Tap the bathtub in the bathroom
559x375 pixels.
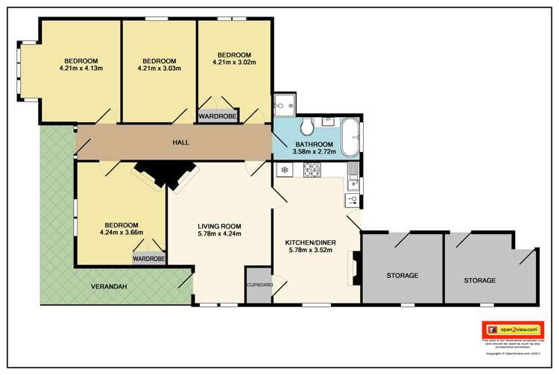351,132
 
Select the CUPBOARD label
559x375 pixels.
259,285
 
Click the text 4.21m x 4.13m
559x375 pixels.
80,70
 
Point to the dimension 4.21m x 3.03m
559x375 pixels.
159,70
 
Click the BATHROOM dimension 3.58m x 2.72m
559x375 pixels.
316,151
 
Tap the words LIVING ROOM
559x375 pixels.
220,226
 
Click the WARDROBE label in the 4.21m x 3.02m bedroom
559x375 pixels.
215,116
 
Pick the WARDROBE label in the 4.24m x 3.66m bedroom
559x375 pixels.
149,259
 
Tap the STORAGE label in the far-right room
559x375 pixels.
479,280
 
